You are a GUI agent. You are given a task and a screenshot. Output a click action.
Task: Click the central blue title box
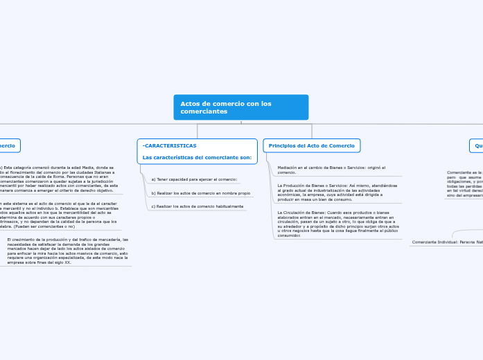click(240, 107)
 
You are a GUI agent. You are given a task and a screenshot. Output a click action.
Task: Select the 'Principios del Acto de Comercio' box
click(311, 145)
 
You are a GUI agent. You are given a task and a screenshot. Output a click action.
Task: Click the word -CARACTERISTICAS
click(170, 146)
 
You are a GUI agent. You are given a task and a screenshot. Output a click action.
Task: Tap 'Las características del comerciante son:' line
click(197, 158)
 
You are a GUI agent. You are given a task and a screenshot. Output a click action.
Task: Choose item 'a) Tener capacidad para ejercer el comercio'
click(194, 179)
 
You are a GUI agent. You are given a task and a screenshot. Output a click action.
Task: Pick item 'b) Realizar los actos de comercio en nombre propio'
click(200, 193)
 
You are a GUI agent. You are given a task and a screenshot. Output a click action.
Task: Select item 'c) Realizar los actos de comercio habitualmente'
click(197, 206)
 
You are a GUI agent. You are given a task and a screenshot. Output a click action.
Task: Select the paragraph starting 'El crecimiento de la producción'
click(67, 251)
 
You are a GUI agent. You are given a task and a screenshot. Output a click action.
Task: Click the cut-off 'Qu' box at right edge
click(477, 145)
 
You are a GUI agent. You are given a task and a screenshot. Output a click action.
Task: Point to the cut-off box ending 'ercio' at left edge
click(9, 145)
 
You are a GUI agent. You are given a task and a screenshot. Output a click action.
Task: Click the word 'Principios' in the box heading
click(282, 145)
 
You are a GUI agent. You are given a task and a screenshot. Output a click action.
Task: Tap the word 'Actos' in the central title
click(190, 103)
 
